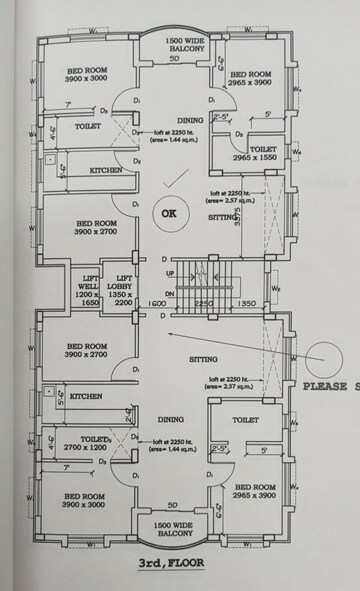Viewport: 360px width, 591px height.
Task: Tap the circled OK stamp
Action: click(x=167, y=213)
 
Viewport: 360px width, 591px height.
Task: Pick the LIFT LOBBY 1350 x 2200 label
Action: click(x=125, y=290)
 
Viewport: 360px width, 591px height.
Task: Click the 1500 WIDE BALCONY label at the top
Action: click(x=185, y=44)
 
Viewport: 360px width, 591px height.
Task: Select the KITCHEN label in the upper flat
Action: click(x=106, y=171)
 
